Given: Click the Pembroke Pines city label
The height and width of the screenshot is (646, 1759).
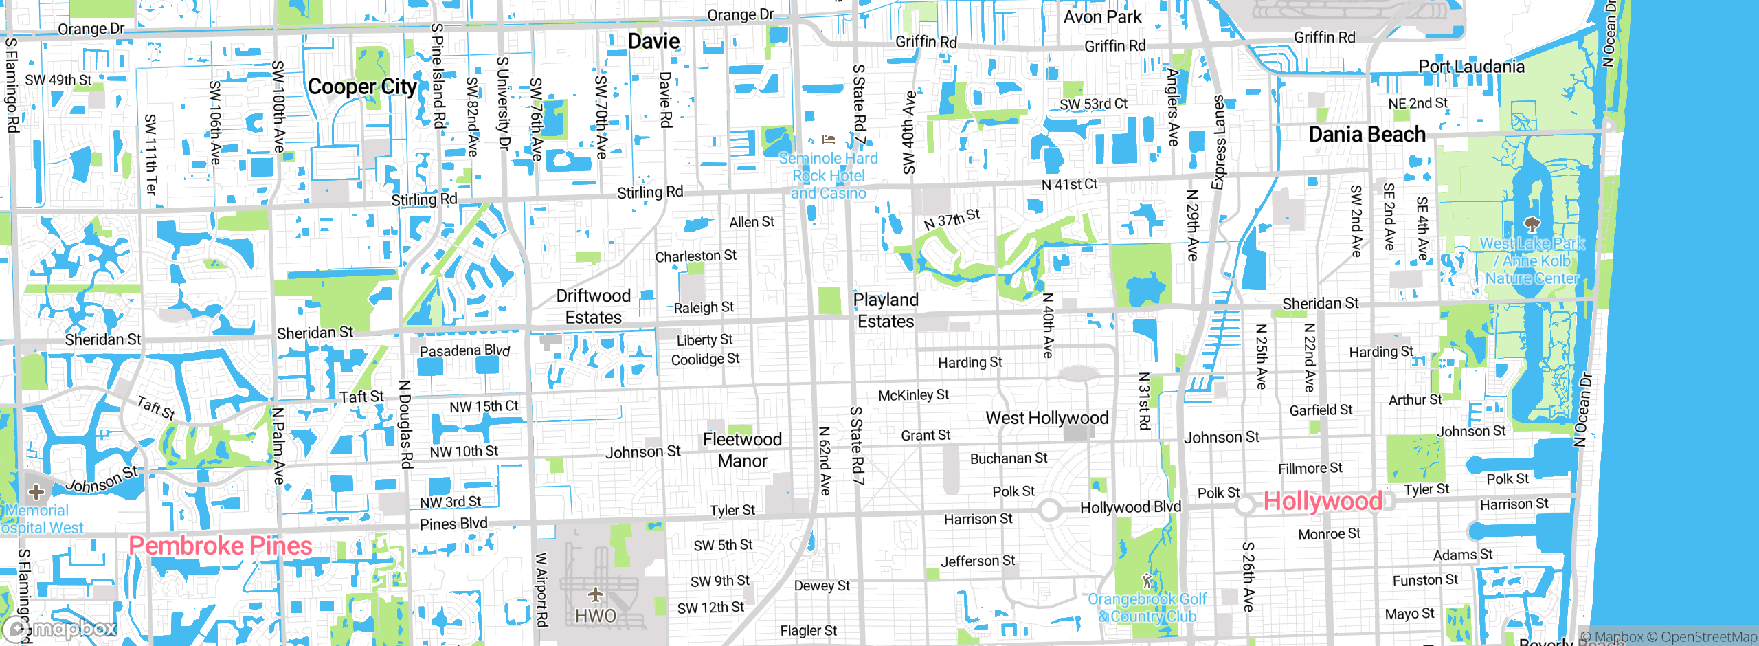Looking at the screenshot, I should point(221,546).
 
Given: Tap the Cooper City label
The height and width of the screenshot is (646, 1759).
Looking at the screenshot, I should point(362,87).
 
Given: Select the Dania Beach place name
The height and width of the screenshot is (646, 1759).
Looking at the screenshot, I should point(1367,135).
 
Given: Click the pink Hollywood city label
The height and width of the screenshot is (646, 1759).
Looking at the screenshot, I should point(1323,502).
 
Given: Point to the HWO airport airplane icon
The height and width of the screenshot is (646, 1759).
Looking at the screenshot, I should point(595,594).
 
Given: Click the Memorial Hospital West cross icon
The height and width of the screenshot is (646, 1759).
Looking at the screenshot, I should point(36,492).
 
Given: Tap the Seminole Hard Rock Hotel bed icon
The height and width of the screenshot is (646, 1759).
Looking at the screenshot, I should point(829,140).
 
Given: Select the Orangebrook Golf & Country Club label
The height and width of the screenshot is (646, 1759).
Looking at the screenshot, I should point(1147,608).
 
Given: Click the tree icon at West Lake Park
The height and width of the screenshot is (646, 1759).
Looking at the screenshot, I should point(1532,225).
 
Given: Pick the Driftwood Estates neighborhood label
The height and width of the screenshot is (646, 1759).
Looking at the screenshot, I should point(593,307).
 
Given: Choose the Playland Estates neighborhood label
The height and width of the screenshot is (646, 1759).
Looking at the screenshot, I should point(885,311).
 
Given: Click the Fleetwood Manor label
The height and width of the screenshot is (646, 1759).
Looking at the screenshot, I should point(742,450).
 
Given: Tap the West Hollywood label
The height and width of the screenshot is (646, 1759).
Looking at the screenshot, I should point(1046,418).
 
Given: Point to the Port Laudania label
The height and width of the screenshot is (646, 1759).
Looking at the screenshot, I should point(1471,67).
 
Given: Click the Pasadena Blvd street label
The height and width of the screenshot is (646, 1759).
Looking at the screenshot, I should point(464,350).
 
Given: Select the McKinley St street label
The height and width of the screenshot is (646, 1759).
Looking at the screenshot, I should point(913,395).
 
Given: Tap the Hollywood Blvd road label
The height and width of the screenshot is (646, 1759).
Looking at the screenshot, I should point(1130,507).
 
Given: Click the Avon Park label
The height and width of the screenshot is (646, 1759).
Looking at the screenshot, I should point(1102,17).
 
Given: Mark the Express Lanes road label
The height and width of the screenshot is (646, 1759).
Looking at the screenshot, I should point(1218,142).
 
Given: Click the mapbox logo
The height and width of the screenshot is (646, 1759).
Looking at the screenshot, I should point(60,629).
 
